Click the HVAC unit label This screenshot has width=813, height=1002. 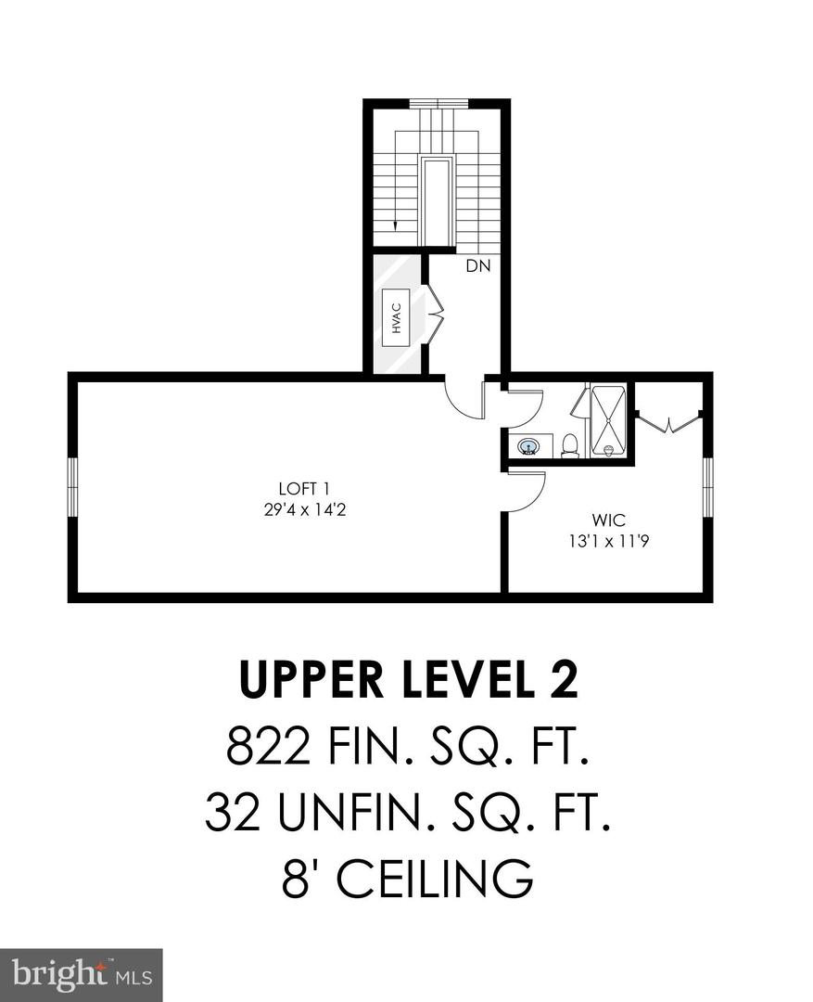[397, 317]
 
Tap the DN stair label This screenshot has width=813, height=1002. [477, 267]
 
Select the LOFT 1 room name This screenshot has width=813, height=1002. [304, 489]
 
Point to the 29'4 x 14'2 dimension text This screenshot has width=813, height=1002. [304, 509]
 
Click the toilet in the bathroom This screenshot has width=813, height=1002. [570, 446]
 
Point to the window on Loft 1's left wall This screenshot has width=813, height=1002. [72, 487]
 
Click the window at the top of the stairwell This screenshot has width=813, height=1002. [436, 103]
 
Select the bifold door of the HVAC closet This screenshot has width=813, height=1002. [435, 315]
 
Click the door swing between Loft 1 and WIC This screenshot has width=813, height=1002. [526, 489]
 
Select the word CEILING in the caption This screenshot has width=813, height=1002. [436, 877]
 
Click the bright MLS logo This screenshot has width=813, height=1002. [81, 974]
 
